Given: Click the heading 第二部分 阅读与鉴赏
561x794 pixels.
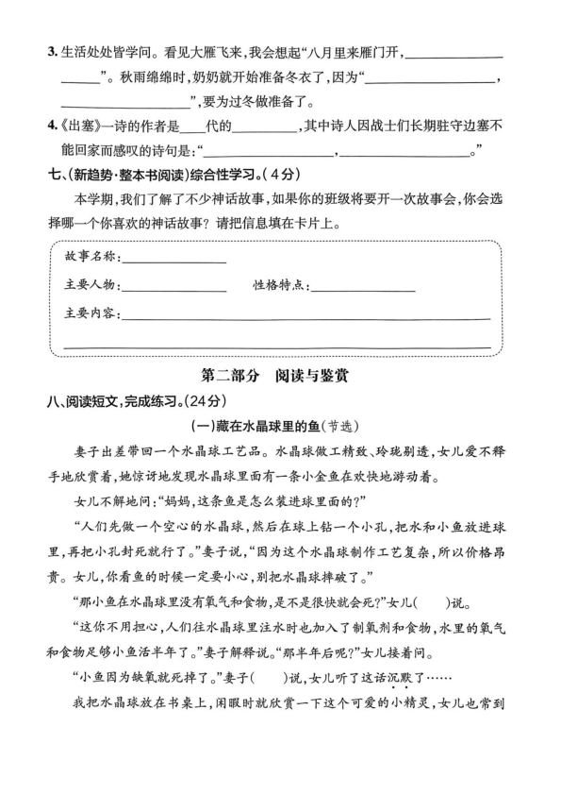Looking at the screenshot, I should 283,376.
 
